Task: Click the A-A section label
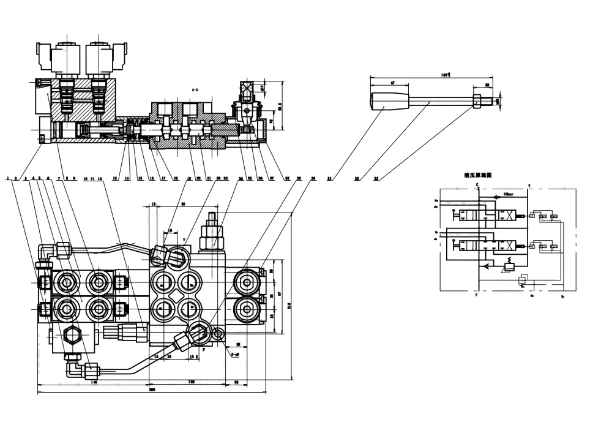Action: tap(194, 89)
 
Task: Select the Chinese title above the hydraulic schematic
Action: tap(477, 175)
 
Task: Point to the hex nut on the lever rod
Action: tap(477, 99)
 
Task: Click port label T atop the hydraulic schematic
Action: tap(529, 185)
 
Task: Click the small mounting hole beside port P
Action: tap(218, 334)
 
